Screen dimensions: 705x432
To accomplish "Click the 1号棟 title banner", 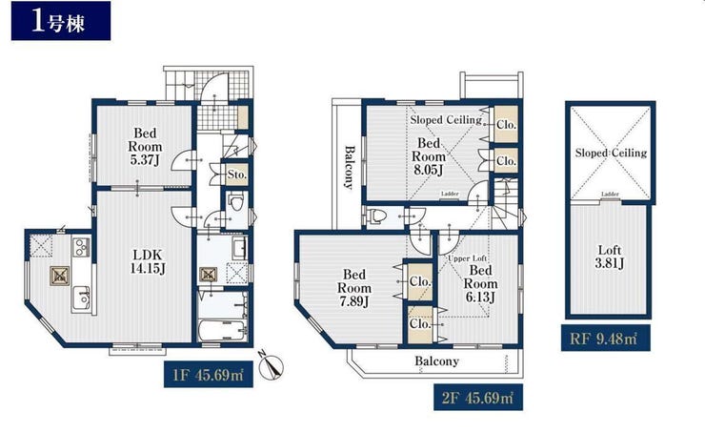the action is pyautogui.click(x=61, y=21).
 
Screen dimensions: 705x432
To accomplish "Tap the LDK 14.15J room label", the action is pyautogui.click(x=148, y=261).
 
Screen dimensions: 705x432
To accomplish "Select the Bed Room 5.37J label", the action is pyautogui.click(x=145, y=146).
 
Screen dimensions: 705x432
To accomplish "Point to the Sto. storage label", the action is pyautogui.click(x=236, y=175).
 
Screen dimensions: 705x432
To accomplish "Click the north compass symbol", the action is pyautogui.click(x=272, y=364).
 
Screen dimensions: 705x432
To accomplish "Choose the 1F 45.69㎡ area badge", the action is pyautogui.click(x=209, y=374).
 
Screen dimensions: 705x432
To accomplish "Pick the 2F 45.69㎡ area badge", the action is pyautogui.click(x=478, y=398).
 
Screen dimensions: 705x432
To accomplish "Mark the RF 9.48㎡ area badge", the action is pyautogui.click(x=605, y=338).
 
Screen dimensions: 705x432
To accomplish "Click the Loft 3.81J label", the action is pyautogui.click(x=609, y=256).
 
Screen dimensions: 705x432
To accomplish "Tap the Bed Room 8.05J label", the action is pyautogui.click(x=429, y=156).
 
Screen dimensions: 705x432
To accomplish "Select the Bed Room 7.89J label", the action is pyautogui.click(x=354, y=288).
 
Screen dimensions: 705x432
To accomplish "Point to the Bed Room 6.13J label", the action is pyautogui.click(x=481, y=283).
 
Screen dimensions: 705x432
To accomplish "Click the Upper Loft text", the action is pyautogui.click(x=467, y=258).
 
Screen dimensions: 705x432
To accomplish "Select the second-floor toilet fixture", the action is pyautogui.click(x=376, y=216).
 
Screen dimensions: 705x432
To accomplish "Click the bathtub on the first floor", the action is pyautogui.click(x=223, y=331).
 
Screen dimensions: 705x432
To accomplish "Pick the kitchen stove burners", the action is pyautogui.click(x=82, y=247).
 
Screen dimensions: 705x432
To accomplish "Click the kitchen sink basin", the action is pyautogui.click(x=82, y=298).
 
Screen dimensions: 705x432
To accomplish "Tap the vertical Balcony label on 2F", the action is pyautogui.click(x=350, y=167).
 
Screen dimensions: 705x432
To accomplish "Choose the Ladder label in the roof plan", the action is pyautogui.click(x=610, y=194).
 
